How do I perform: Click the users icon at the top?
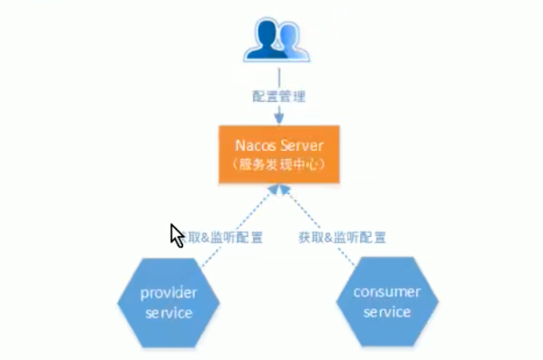(x=278, y=40)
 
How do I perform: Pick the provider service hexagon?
(x=168, y=302)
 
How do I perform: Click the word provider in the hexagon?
(x=168, y=293)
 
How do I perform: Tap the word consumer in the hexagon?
(x=387, y=291)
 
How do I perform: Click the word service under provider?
(x=168, y=312)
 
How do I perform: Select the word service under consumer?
(x=387, y=311)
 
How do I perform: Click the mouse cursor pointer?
(x=175, y=233)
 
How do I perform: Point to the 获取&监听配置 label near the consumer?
(x=343, y=237)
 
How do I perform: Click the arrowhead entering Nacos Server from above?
(x=279, y=120)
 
